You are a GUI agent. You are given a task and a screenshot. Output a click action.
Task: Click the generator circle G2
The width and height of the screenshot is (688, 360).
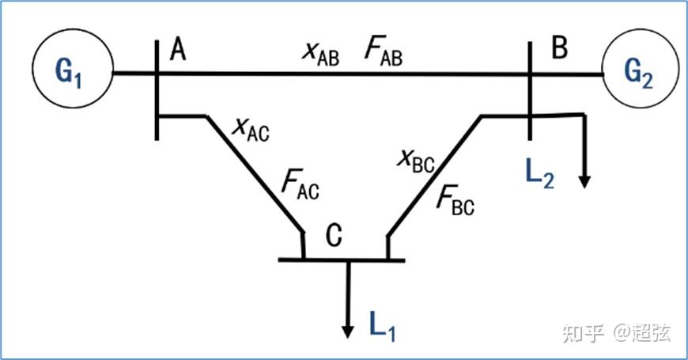[x=641, y=73]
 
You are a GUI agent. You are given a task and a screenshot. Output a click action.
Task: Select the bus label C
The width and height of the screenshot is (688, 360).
[x=335, y=235]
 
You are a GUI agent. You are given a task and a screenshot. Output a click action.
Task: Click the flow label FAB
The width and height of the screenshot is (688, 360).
[x=384, y=51]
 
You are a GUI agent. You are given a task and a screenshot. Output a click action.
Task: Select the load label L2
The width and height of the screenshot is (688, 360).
[x=537, y=173]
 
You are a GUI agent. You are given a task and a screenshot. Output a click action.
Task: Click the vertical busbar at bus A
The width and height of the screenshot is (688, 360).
[x=157, y=87]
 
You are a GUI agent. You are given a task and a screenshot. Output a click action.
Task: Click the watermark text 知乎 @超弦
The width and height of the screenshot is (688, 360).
[x=616, y=333]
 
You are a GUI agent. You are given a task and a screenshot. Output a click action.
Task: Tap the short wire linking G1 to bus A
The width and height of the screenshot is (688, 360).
[x=134, y=74]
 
